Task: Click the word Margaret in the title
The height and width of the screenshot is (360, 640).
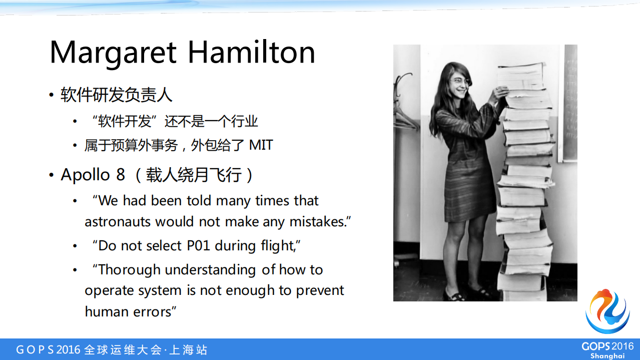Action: [114, 52]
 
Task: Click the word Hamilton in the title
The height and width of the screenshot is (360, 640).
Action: [252, 52]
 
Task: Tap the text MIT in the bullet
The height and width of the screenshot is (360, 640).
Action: [261, 145]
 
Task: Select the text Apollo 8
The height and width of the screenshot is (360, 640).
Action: [93, 175]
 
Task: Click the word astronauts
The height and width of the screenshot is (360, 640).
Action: [118, 221]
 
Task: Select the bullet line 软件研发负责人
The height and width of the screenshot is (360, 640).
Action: [117, 95]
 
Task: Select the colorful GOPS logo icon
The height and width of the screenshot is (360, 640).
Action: [607, 311]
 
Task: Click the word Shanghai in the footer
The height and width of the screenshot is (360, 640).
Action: [607, 355]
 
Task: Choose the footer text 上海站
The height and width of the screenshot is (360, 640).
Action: [188, 349]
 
